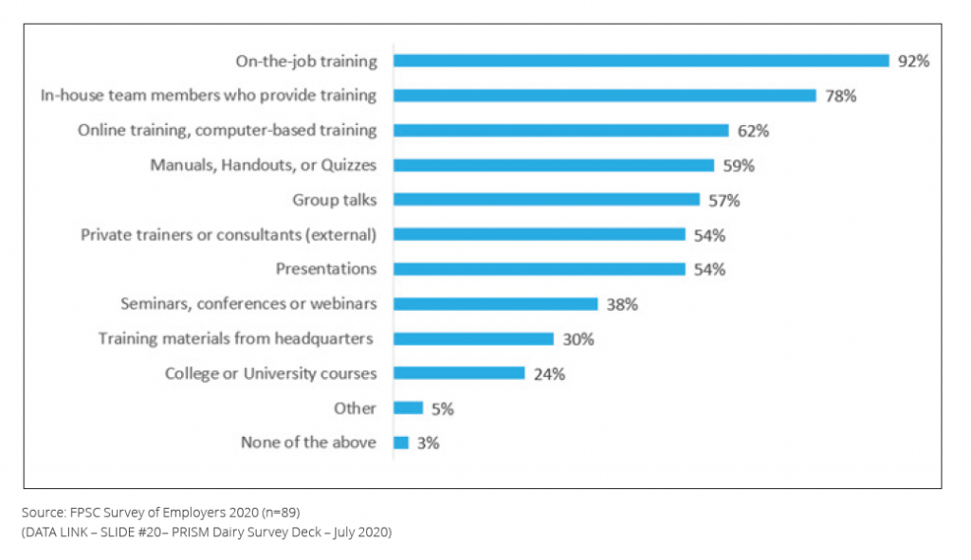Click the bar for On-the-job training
point(641,61)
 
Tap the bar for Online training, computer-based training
point(560,131)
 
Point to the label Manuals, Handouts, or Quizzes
point(264,165)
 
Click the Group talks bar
point(546,200)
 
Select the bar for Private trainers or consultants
point(539,234)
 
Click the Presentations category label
point(326,269)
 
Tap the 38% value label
point(622,304)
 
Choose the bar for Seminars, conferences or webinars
point(495,304)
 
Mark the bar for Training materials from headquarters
point(473,338)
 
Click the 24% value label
point(549,373)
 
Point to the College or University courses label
point(270,373)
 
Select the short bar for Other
point(408,407)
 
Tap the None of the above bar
point(401,443)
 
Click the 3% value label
point(428,443)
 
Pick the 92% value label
point(914,61)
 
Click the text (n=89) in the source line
point(279,513)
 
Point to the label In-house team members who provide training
point(209,96)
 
